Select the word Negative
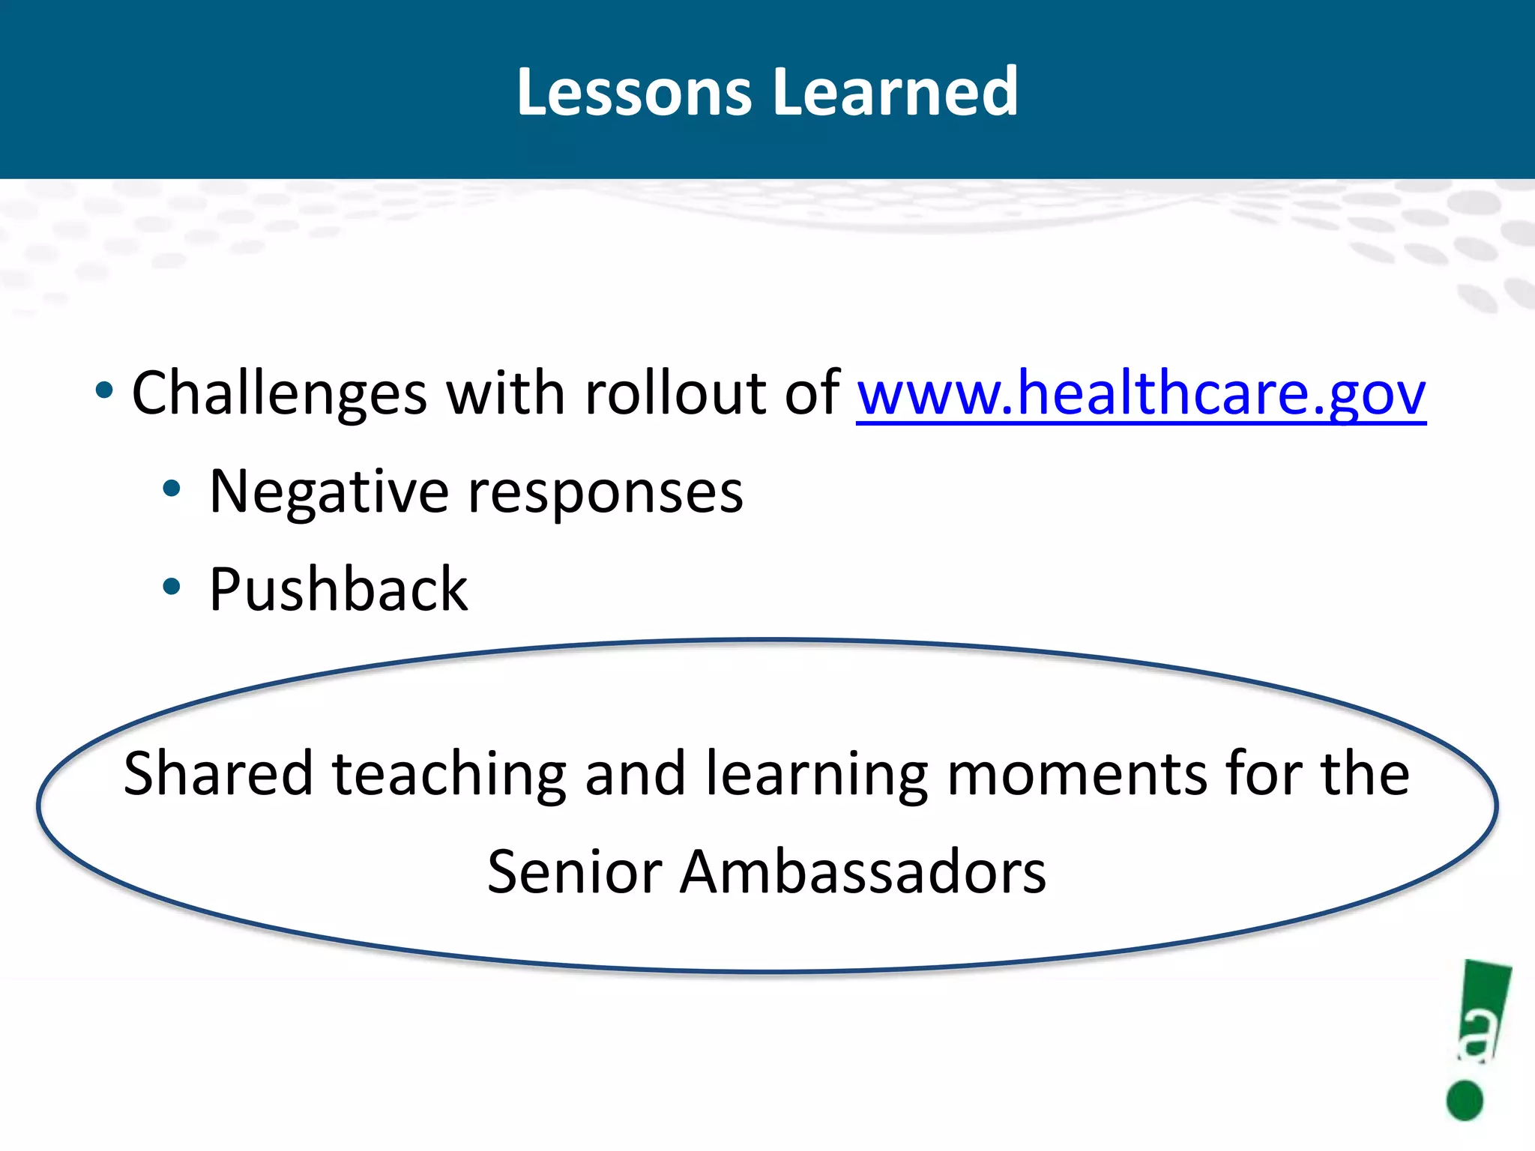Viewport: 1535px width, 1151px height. [x=328, y=492]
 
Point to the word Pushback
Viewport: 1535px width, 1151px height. [x=338, y=590]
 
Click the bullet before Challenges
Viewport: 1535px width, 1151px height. [x=104, y=390]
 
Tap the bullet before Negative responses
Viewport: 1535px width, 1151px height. [x=172, y=489]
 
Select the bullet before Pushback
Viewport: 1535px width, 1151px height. [x=172, y=587]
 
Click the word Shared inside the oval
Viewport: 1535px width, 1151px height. [x=218, y=773]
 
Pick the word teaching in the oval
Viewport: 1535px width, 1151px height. [x=449, y=773]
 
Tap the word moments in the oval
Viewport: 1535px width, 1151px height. [x=1077, y=773]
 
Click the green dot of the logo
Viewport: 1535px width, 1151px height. [x=1465, y=1100]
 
